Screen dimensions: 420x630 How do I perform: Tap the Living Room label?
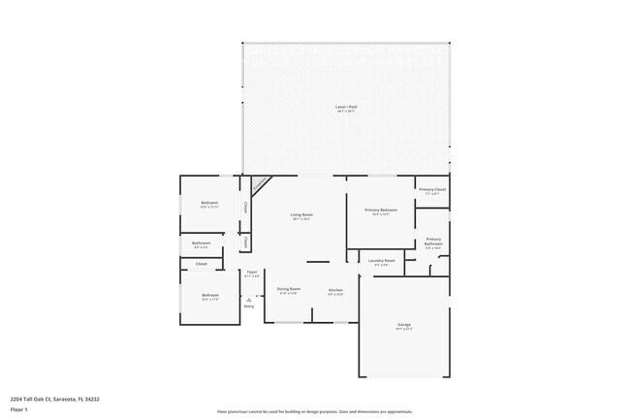301,214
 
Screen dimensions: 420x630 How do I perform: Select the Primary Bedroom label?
381,210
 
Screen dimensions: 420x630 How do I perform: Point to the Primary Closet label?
432,190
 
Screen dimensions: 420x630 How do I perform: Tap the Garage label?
403,324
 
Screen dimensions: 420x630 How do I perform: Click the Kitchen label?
335,290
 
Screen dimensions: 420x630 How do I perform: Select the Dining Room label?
289,289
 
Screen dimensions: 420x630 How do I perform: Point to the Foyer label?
252,273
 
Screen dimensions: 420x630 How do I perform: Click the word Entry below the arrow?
249,307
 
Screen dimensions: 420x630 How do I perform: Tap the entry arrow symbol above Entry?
249,300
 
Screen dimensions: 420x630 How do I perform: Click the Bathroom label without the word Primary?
202,242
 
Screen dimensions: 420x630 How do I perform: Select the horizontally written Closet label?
202,263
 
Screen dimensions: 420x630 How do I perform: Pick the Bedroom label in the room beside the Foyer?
210,295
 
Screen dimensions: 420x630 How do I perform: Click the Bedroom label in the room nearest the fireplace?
209,203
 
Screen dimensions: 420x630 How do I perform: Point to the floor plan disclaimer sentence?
315,411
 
